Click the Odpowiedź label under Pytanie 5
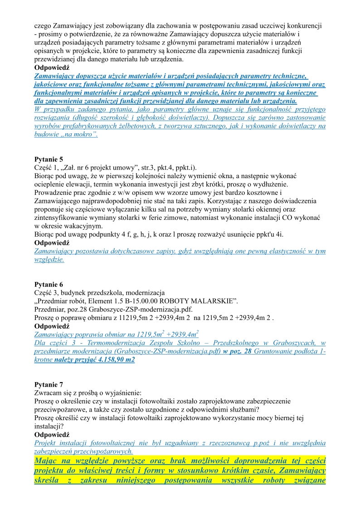[x=52, y=243]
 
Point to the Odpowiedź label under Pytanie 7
[x=52, y=434]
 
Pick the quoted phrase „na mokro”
[x=80, y=135]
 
